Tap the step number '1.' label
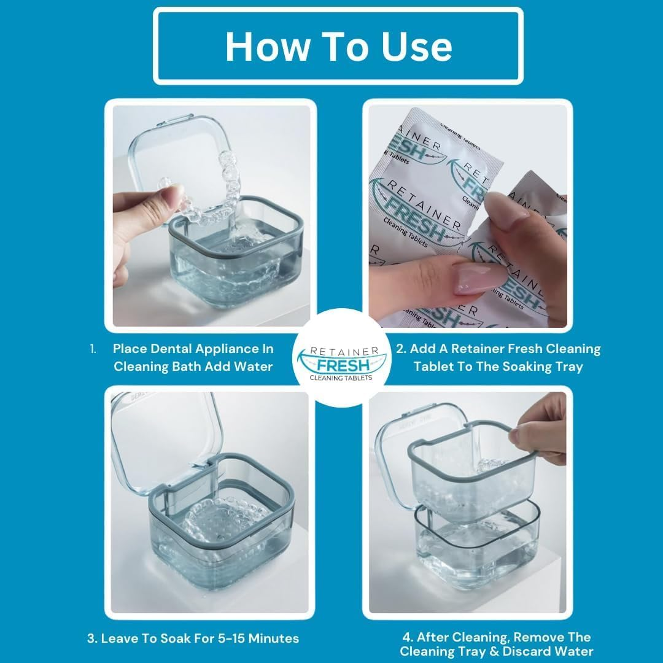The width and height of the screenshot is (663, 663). pyautogui.click(x=93, y=349)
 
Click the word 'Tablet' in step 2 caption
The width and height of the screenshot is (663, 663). pyautogui.click(x=435, y=366)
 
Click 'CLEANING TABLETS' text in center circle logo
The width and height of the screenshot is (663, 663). pyautogui.click(x=341, y=378)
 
